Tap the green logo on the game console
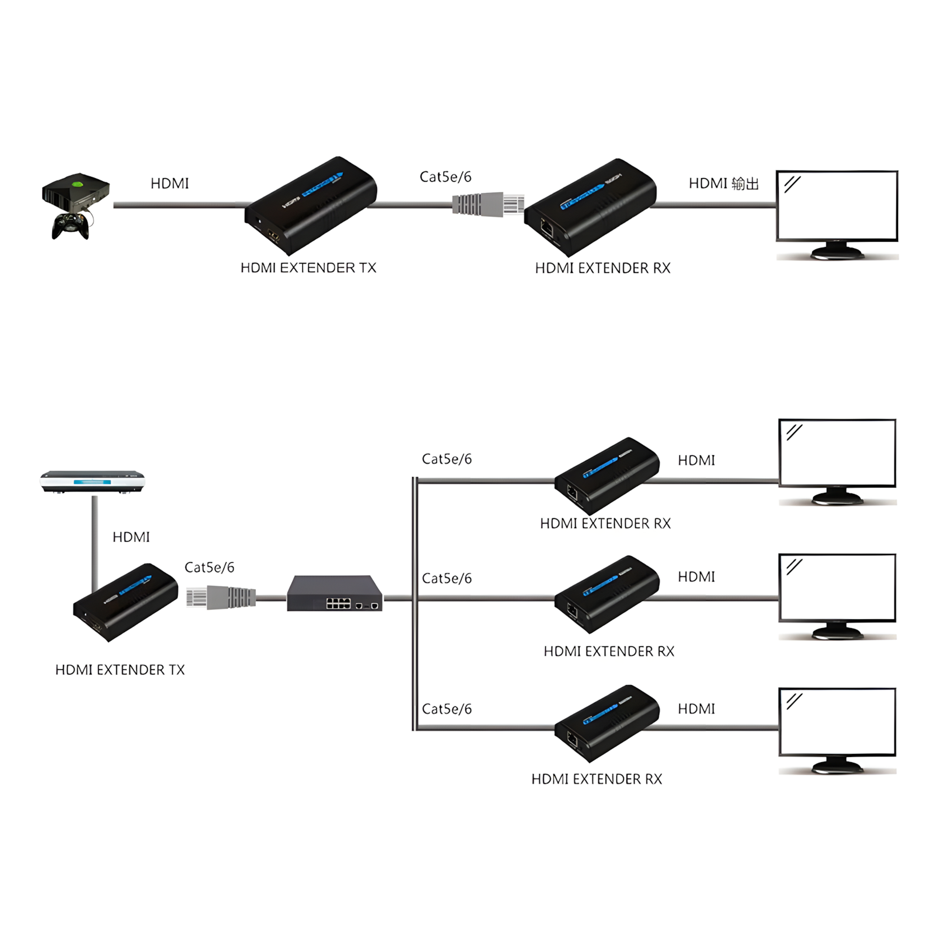(76, 183)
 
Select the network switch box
(335, 593)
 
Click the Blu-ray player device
(92, 481)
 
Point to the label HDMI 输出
(723, 183)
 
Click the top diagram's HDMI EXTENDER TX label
(308, 268)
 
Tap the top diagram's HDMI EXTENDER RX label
(602, 268)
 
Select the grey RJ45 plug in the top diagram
(488, 204)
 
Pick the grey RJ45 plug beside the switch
(221, 597)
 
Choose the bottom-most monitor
(837, 730)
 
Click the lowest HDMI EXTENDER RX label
(596, 779)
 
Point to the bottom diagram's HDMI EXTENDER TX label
(120, 670)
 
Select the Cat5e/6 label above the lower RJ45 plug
(209, 568)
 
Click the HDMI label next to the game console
(169, 183)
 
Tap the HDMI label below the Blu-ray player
(131, 537)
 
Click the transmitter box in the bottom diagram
(125, 601)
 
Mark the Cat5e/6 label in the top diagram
(445, 177)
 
